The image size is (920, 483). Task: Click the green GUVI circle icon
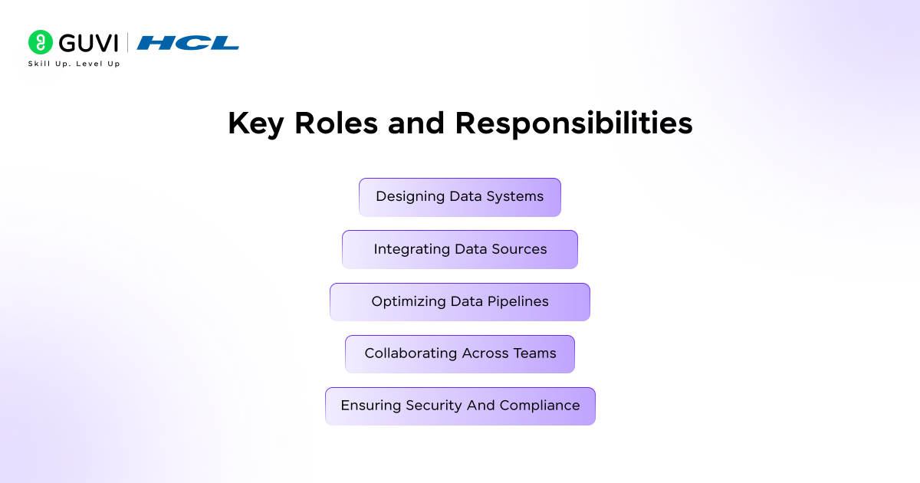click(x=40, y=42)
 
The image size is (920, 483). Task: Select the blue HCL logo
click(x=188, y=43)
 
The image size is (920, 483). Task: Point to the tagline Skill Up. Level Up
click(x=74, y=64)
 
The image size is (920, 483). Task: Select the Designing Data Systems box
click(x=460, y=197)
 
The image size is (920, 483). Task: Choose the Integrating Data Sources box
click(x=460, y=249)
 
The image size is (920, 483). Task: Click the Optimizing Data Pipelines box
click(x=460, y=302)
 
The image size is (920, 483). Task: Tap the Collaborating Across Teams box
click(x=460, y=354)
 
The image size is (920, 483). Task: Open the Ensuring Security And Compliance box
click(x=460, y=406)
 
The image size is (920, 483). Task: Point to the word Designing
click(x=410, y=197)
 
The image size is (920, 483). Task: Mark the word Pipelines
click(x=518, y=302)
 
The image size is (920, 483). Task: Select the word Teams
click(x=535, y=353)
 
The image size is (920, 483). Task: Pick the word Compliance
click(x=540, y=406)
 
